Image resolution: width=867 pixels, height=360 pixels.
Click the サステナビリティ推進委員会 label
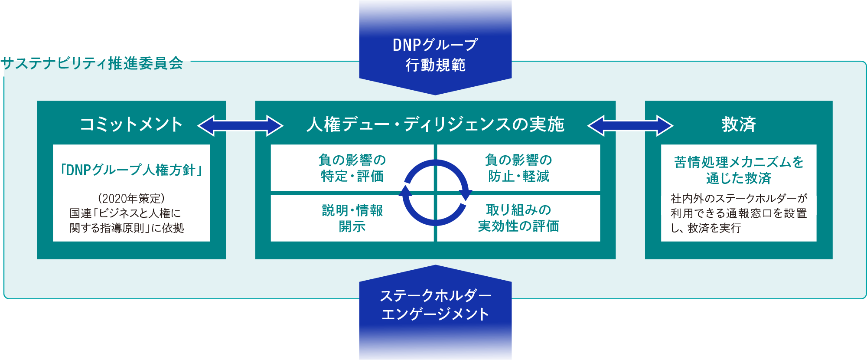click(x=92, y=63)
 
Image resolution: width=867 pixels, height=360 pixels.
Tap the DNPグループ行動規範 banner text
click(x=435, y=55)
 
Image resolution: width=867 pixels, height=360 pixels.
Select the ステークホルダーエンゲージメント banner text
click(x=435, y=304)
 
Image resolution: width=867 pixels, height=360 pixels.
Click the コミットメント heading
click(x=131, y=124)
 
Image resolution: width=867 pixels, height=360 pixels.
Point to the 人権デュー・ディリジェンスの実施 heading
click(x=435, y=124)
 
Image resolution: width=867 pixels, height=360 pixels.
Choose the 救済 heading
click(x=739, y=124)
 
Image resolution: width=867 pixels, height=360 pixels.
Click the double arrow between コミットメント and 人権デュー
click(x=240, y=126)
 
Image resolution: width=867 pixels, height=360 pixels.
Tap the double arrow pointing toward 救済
click(x=630, y=126)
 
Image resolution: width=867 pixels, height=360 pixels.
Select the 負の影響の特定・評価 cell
click(x=352, y=168)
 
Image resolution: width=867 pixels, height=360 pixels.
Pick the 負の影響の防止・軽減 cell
click(x=518, y=168)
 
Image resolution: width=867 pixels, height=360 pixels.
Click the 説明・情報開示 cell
click(x=352, y=218)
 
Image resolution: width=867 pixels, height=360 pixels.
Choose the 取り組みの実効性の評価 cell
click(x=518, y=218)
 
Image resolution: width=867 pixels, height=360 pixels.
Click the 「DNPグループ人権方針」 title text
click(x=131, y=170)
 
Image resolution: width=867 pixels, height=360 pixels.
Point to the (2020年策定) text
click(x=131, y=198)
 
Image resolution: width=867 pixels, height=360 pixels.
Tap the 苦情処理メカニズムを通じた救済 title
click(x=739, y=170)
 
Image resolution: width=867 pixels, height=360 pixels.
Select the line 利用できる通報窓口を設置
click(x=739, y=213)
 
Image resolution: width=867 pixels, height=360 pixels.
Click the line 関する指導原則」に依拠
click(x=127, y=228)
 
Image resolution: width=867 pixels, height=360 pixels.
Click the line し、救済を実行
click(x=706, y=228)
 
